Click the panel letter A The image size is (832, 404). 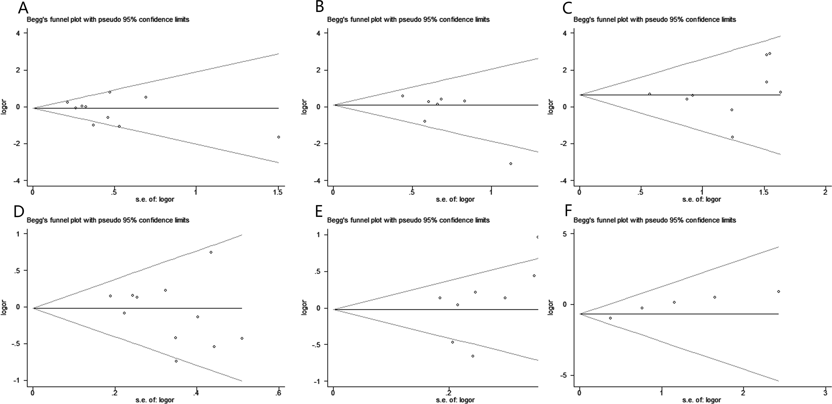[x=23, y=8]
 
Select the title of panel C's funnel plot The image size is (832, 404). [x=655, y=20]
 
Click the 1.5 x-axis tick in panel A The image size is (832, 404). [x=278, y=192]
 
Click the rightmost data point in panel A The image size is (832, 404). [x=278, y=137]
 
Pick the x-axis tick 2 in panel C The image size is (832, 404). [x=825, y=192]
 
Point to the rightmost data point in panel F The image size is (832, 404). [x=779, y=292]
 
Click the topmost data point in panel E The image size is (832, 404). [x=538, y=237]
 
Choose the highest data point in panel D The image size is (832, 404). [x=211, y=252]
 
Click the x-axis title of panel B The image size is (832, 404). [x=455, y=199]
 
